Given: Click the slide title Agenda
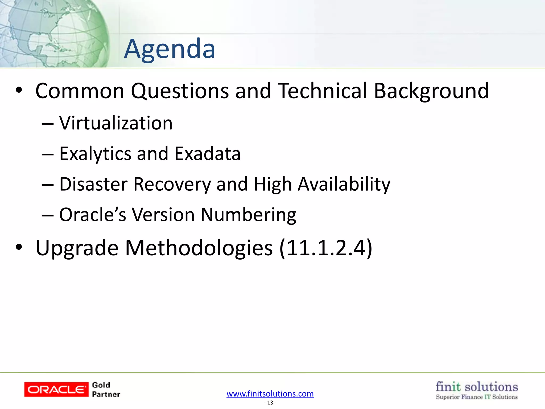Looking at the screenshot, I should click(170, 49).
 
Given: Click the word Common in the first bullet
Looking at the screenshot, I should click(80, 91).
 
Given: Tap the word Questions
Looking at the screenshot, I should click(180, 91).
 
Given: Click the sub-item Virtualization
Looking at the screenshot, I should click(116, 123).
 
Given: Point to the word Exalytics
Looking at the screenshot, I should click(95, 154).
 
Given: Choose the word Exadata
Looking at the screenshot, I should click(208, 154).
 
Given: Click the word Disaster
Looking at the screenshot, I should click(93, 184).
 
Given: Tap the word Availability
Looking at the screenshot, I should click(344, 184).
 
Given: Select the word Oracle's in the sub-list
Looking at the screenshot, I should click(92, 215).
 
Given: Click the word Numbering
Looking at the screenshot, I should click(248, 215).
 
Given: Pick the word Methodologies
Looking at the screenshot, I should click(199, 248).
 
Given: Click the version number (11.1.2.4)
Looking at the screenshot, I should click(326, 248).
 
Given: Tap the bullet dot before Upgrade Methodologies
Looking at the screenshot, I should click(19, 247).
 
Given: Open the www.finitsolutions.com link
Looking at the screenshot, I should click(270, 394).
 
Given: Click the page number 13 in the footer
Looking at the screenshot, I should click(270, 403).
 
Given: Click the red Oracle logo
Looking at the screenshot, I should click(56, 390).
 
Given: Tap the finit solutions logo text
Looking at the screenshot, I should click(477, 387).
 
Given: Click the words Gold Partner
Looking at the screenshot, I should click(106, 390).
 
